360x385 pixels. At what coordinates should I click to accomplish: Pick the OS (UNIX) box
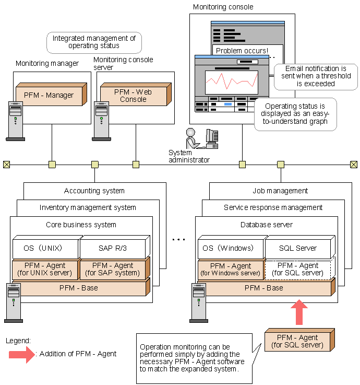45,248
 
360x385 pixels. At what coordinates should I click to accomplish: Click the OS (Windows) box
230,248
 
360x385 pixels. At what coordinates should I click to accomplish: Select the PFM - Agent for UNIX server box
45,270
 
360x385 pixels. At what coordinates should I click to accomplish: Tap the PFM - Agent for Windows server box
230,270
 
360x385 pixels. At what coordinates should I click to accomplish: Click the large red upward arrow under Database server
299,312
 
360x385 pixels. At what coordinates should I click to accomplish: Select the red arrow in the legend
21,354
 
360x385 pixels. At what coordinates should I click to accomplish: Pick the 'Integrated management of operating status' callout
94,42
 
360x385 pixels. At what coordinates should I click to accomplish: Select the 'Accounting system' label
94,191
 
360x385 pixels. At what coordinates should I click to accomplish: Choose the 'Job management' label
280,191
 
